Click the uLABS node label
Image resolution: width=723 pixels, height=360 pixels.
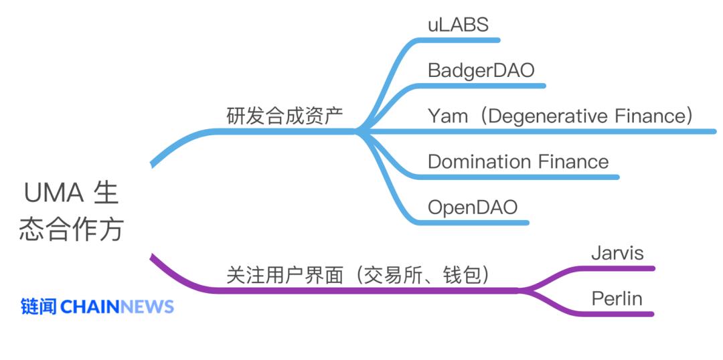(458, 25)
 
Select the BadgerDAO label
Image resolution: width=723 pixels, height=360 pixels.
(481, 70)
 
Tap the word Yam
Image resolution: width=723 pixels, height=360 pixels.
(448, 116)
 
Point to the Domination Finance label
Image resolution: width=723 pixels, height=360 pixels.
(518, 162)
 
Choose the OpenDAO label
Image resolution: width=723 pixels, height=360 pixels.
(473, 207)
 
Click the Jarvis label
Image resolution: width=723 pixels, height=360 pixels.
(617, 253)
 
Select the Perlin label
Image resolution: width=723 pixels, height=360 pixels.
(617, 298)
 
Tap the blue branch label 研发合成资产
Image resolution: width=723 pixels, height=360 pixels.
(285, 116)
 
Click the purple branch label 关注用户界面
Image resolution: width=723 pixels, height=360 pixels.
(285, 275)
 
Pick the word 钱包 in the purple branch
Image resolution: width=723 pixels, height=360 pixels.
(466, 275)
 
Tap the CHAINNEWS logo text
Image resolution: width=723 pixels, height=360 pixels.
(117, 307)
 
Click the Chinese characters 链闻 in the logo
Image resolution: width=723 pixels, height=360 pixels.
(39, 307)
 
